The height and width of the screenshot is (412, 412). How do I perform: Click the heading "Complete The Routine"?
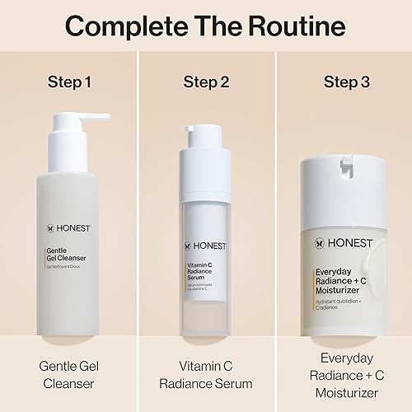(206, 26)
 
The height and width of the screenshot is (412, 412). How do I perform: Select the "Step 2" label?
(206, 84)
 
